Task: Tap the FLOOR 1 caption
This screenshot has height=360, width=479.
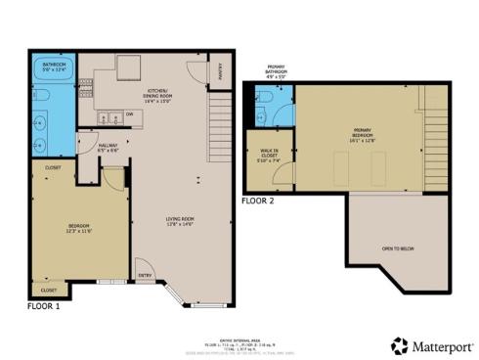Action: click(45, 305)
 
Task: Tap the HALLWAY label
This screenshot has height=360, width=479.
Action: click(109, 148)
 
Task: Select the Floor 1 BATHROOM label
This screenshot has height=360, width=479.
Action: click(53, 66)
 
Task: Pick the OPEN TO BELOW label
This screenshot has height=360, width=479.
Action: click(398, 248)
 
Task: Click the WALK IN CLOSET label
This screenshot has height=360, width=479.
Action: click(269, 157)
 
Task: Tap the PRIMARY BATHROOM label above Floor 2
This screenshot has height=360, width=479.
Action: click(276, 70)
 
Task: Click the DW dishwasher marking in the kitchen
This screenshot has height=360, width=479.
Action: click(130, 114)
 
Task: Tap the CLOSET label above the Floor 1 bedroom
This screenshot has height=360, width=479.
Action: click(52, 167)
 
